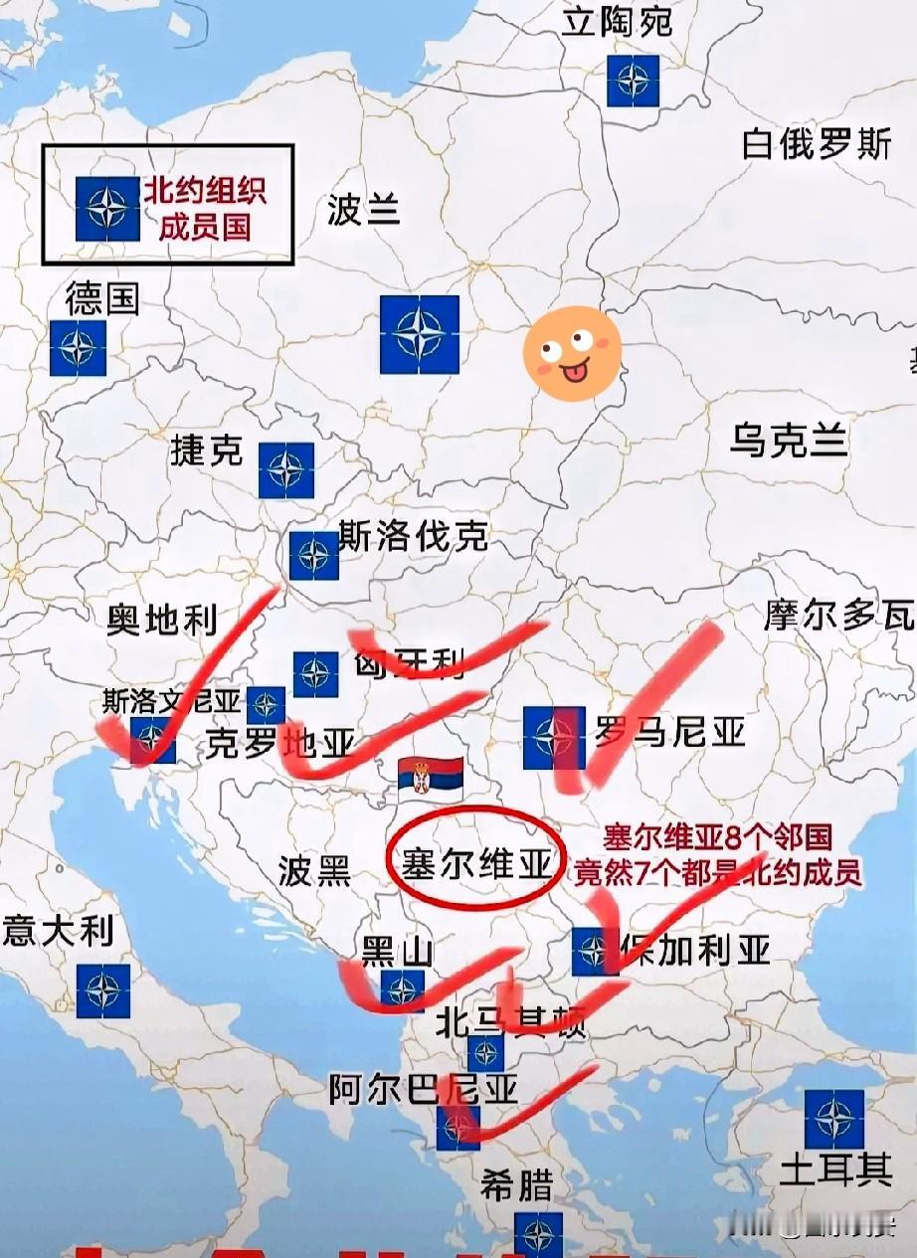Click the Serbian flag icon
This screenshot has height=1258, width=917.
[x=431, y=777]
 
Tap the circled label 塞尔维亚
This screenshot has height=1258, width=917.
[x=476, y=864]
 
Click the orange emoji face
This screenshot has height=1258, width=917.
[x=572, y=353]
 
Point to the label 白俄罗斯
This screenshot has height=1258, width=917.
[x=816, y=145]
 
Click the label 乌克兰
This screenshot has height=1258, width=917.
[x=789, y=439]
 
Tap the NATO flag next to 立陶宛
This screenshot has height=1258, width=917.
[x=633, y=80]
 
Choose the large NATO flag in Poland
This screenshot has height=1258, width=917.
[x=420, y=334]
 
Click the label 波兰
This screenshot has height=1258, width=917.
[x=363, y=210]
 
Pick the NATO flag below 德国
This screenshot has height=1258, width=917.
[x=79, y=348]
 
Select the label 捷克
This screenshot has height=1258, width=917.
[x=207, y=450]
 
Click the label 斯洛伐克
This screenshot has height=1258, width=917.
[x=413, y=536]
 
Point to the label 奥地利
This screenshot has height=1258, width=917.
[x=161, y=621]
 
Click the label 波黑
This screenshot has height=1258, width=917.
[x=314, y=871]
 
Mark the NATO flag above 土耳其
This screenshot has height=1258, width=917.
[x=833, y=1119]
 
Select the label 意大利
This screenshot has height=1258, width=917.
[x=58, y=932]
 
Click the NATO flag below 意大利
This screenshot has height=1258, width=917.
[x=103, y=990]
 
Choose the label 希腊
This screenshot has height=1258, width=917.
[x=515, y=1184]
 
